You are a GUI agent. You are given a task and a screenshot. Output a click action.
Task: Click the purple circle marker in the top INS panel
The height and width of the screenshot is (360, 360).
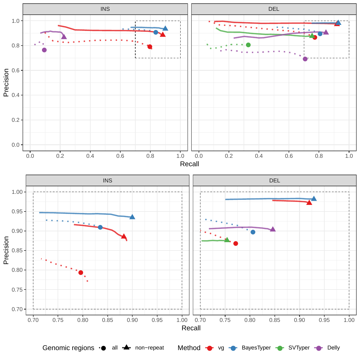tap(44, 50)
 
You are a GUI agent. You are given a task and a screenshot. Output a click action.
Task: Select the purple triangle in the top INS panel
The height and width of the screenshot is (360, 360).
tap(64, 37)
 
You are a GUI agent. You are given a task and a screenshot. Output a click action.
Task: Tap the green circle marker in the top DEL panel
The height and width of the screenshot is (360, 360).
tap(248, 45)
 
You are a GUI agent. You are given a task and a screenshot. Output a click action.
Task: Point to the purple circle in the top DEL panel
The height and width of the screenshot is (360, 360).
tap(305, 59)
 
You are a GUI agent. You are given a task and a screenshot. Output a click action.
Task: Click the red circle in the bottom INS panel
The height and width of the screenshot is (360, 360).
tap(81, 273)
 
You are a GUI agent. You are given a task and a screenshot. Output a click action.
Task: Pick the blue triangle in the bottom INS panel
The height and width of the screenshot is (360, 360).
tap(132, 217)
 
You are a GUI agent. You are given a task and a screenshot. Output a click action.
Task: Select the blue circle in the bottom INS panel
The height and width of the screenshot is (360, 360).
tap(100, 227)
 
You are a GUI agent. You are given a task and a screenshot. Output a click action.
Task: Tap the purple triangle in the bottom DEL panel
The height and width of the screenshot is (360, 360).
tap(273, 229)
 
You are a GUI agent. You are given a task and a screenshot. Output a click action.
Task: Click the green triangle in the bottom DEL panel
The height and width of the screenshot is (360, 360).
tap(227, 240)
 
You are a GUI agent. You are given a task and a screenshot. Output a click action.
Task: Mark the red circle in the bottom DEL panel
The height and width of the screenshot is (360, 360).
tap(236, 244)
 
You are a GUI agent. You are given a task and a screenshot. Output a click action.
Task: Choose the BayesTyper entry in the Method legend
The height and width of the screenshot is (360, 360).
tap(256, 348)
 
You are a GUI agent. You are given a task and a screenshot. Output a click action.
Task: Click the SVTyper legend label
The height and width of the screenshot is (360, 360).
tap(299, 348)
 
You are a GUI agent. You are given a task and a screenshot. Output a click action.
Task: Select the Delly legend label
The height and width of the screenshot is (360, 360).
tap(333, 348)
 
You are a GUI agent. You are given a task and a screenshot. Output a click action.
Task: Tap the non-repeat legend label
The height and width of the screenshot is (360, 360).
tap(149, 348)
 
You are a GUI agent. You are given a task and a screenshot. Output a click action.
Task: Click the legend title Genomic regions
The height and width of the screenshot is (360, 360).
tap(68, 348)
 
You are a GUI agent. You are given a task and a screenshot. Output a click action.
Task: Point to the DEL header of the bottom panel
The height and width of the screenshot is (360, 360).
tap(274, 181)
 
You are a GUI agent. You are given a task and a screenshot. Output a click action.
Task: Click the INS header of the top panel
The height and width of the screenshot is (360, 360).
tap(105, 9)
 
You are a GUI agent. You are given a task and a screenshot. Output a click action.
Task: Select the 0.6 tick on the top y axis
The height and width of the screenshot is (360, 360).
tap(16, 70)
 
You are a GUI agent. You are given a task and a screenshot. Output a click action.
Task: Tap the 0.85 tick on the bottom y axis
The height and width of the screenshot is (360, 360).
tap(17, 250)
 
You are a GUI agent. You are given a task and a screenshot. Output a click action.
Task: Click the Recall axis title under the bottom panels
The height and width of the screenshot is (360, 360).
tap(191, 328)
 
